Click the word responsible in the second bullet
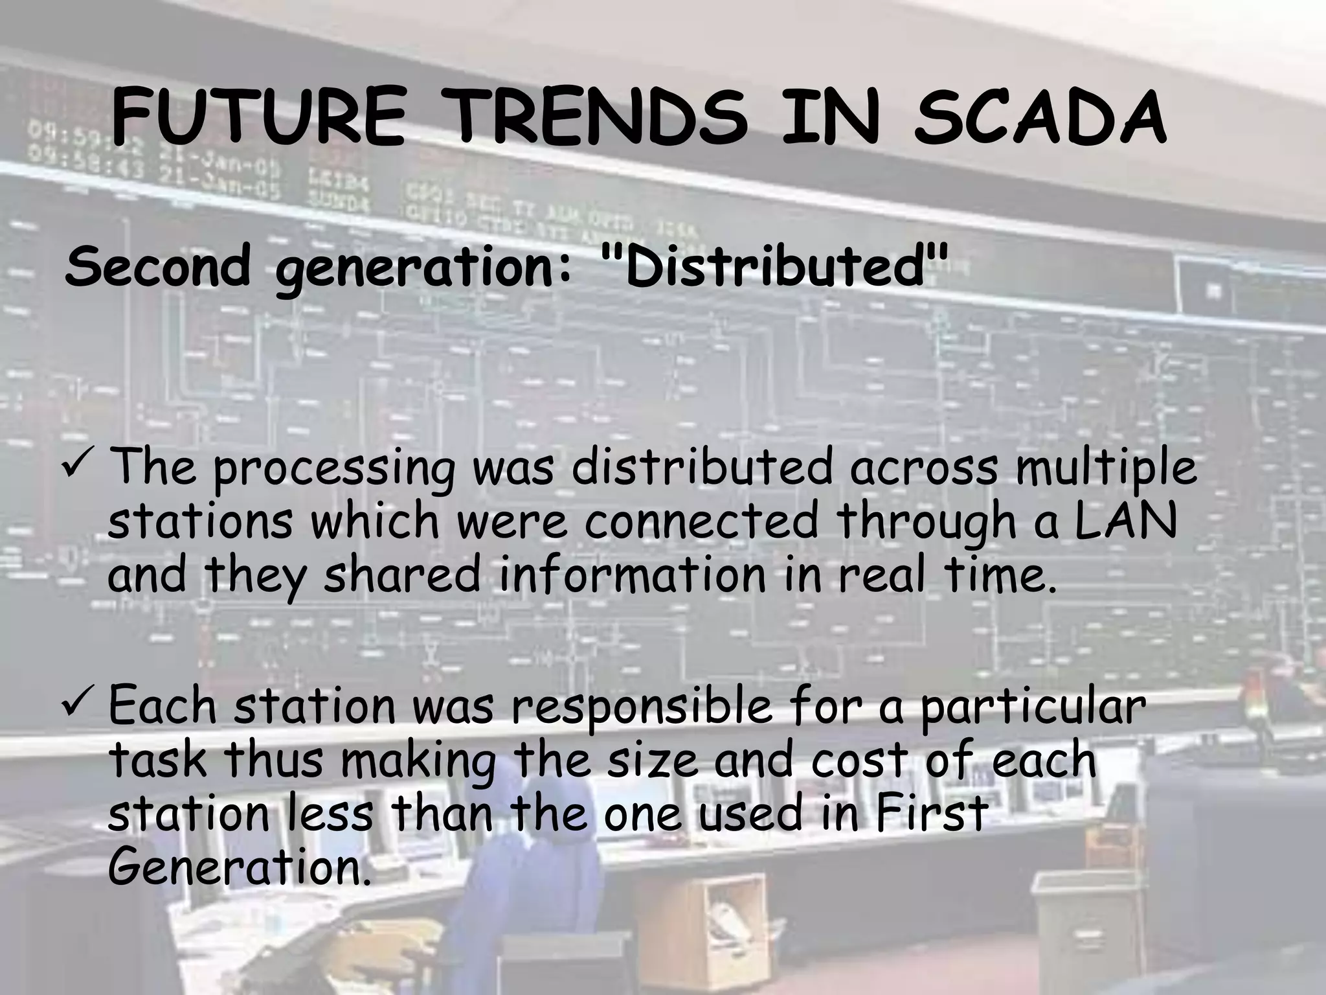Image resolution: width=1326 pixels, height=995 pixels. point(641,707)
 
